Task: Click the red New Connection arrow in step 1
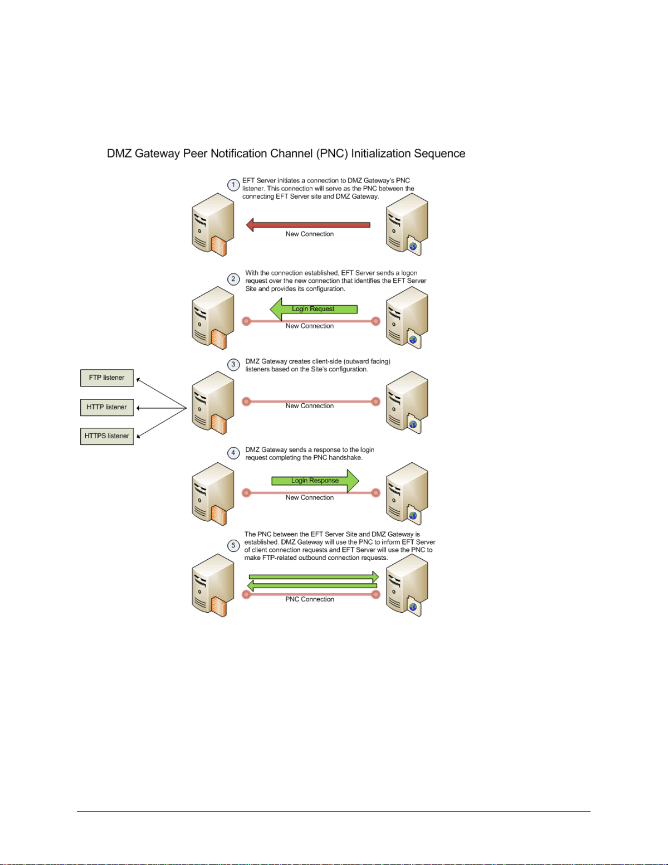point(308,225)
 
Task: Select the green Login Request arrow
point(314,309)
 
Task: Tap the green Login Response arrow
point(315,480)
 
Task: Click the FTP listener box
point(107,378)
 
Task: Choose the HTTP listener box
point(107,407)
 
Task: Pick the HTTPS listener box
point(107,436)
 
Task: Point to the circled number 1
point(233,184)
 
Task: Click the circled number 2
point(233,279)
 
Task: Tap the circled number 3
point(233,364)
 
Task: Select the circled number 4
point(233,452)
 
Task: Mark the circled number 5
point(233,545)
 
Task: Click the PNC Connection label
point(309,599)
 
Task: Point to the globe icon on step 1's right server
point(413,247)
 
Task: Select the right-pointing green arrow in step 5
point(314,576)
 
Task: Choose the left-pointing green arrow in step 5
point(312,586)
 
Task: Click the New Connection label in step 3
point(309,405)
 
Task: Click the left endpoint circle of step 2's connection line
point(246,321)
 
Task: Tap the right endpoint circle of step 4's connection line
point(376,493)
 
